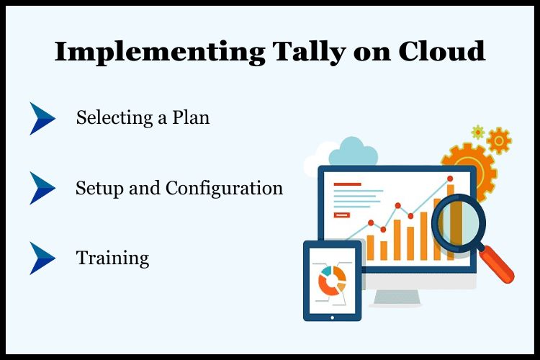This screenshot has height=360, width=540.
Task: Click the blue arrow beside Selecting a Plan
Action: (42, 118)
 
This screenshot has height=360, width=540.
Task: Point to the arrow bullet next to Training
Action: (42, 258)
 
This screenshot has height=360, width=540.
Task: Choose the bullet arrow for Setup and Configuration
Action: (42, 188)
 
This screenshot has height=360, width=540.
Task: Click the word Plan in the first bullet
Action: (189, 117)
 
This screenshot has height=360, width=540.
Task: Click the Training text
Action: (112, 258)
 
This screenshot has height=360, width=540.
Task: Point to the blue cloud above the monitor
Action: (352, 152)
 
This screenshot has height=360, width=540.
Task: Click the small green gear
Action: (477, 132)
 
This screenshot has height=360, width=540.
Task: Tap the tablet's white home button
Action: (332, 316)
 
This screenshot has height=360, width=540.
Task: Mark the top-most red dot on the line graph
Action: (451, 179)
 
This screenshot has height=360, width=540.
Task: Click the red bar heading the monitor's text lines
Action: (347, 184)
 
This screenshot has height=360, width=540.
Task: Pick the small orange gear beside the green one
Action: (499, 140)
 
